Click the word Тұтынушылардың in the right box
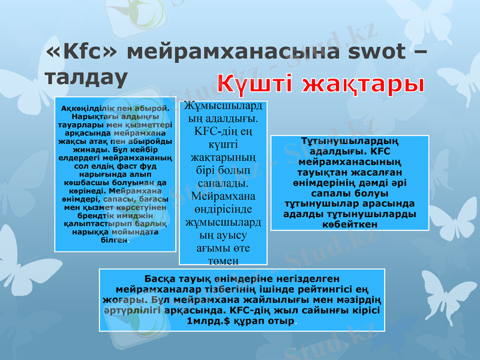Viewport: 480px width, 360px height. click(350, 142)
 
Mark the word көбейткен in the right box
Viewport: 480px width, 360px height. click(350, 223)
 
